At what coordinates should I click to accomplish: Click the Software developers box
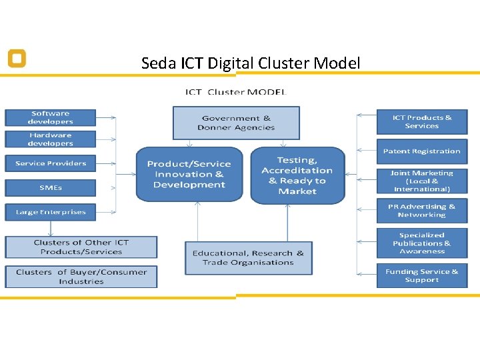coord(51,117)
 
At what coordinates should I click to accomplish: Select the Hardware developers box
coord(51,139)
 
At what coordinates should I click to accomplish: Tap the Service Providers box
coord(51,163)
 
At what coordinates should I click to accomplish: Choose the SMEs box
coord(51,188)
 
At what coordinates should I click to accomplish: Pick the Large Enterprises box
coord(51,212)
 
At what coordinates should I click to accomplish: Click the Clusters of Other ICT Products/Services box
coord(81,247)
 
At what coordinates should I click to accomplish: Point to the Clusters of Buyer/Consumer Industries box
coord(81,277)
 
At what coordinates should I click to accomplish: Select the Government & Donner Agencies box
coord(236,123)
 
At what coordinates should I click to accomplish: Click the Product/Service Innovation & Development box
coord(189,174)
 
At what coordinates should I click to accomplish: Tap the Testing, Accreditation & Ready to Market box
coord(297,175)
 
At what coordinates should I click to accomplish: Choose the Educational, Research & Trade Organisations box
coord(248,258)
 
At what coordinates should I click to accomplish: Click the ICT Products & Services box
coord(421,122)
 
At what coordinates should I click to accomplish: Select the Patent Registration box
coord(421,151)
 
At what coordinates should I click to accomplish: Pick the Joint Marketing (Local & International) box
coord(421,181)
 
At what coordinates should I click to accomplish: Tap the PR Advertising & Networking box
coord(421,211)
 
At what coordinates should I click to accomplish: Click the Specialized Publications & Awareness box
coord(421,243)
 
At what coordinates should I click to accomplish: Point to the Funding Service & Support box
coord(421,275)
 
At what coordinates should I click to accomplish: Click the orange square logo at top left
coord(17,59)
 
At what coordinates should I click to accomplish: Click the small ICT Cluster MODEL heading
coord(235,92)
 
